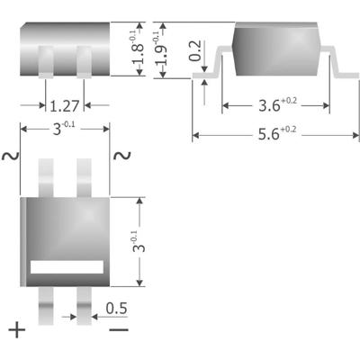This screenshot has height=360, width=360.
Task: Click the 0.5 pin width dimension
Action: point(115,309)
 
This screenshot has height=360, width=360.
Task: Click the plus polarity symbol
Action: point(17,330)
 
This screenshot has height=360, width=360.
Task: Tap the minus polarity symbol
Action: point(118,330)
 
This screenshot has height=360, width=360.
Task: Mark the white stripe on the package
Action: point(65,266)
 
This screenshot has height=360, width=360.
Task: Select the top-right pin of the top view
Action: point(85,175)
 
